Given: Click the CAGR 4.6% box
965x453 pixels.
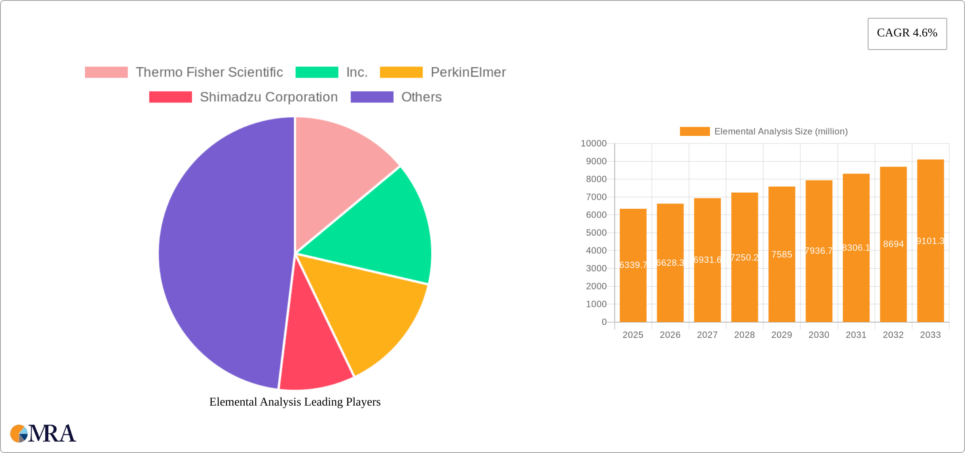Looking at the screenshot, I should pos(907,33).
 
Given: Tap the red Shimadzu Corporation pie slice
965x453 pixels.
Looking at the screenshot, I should pos(313,356).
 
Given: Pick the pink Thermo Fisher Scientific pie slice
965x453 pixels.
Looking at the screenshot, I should pos(334,169).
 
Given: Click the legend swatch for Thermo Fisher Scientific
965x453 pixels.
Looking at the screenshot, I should pos(106,72).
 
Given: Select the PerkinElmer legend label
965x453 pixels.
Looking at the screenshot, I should pos(468,72).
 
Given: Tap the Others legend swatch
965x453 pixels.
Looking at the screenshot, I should pos(372,97).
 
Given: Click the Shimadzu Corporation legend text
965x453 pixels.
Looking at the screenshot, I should pos(269,97).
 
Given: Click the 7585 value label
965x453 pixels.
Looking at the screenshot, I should pos(782,254).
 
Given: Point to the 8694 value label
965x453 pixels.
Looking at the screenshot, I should pos(893,244).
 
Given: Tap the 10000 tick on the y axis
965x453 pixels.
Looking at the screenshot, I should pos(593,144).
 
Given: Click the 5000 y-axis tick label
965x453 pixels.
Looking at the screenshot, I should pos(596,233).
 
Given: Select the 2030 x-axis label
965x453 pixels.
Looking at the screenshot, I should pos(819,335).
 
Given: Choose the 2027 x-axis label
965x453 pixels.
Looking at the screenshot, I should pos(707,335).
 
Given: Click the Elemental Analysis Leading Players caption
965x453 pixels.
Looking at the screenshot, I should pos(295,402).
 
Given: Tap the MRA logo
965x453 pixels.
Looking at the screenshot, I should pos(43,434).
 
